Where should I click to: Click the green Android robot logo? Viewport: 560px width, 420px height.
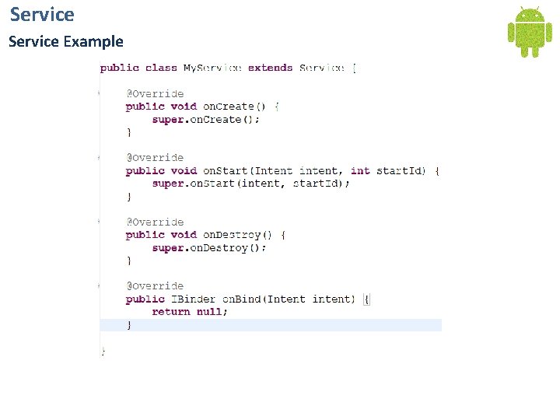(530, 31)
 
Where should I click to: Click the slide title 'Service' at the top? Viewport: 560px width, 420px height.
(42, 14)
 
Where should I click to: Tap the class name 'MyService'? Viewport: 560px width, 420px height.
(212, 68)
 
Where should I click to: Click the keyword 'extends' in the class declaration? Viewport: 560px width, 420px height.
(270, 68)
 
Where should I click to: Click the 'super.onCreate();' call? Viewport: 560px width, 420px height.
(206, 120)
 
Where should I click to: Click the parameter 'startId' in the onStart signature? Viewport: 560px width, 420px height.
(401, 170)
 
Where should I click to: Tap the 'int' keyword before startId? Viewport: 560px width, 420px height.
(360, 170)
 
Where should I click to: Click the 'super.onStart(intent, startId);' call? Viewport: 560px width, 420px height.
(250, 184)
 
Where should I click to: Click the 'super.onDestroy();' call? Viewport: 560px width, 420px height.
(209, 248)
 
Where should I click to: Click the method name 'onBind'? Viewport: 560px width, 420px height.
(241, 299)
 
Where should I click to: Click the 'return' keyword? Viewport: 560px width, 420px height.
(171, 312)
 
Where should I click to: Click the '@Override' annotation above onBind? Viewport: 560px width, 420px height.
(155, 286)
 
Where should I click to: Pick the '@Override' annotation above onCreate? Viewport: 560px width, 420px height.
(155, 94)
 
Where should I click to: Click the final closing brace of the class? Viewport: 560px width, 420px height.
(103, 352)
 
